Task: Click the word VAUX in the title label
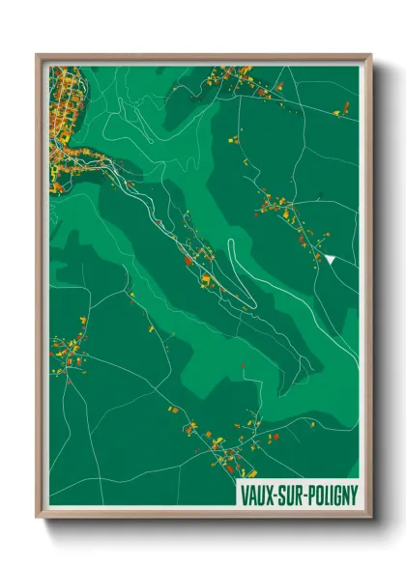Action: point(254,496)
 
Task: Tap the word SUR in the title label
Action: point(286,496)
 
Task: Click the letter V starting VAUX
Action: point(243,496)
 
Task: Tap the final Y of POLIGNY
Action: point(354,496)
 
